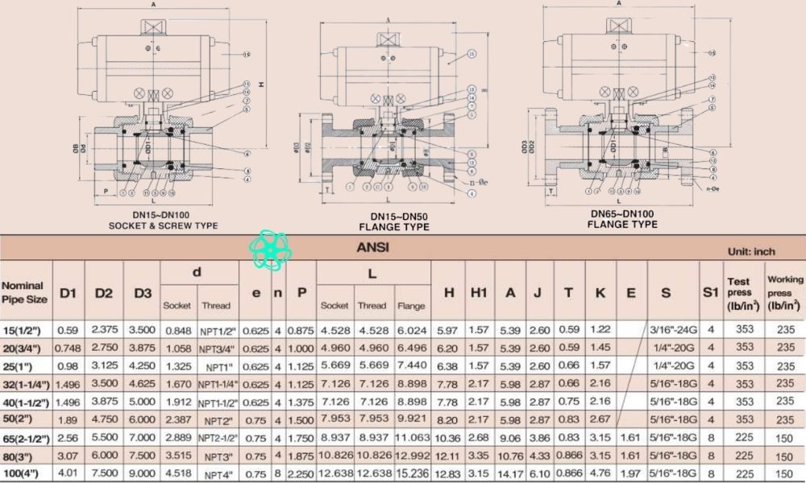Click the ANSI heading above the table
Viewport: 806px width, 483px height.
[372, 247]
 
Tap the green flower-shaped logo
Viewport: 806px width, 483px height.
[272, 250]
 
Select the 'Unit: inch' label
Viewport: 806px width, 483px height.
[751, 252]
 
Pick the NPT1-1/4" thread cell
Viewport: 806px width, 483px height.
[218, 385]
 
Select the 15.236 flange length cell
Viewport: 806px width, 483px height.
[412, 473]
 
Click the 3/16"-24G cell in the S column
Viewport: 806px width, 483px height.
[666, 330]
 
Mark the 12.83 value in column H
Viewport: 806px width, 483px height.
[447, 473]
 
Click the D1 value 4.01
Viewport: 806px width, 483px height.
[68, 473]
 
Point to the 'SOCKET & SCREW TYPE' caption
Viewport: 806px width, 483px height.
[164, 226]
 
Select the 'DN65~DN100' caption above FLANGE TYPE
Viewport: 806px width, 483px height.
[622, 213]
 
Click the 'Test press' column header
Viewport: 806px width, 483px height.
[740, 293]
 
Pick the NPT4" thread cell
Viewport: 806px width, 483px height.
[218, 473]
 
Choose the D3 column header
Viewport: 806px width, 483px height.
[143, 293]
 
